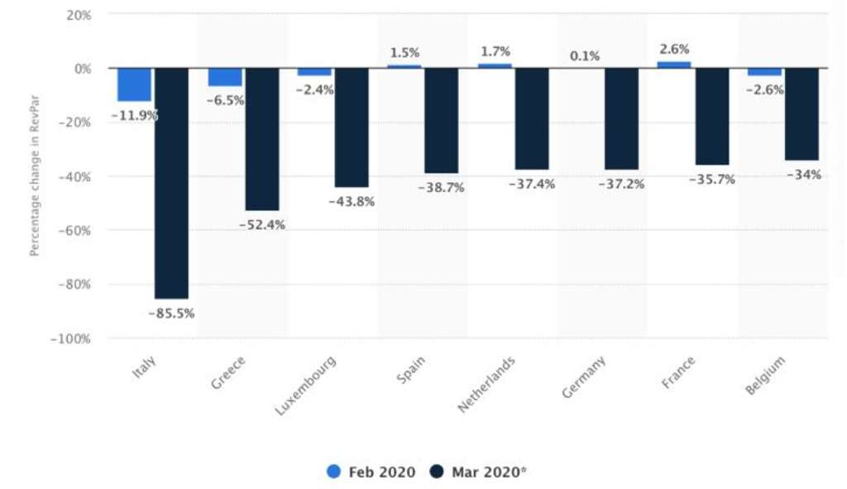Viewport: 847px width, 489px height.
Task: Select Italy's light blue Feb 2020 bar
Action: pyautogui.click(x=134, y=84)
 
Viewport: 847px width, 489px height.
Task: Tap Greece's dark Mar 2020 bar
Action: pyautogui.click(x=261, y=139)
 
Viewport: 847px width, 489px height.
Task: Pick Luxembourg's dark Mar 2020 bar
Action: pyautogui.click(x=352, y=127)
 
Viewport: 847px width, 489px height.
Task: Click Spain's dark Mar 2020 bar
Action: pyautogui.click(x=441, y=120)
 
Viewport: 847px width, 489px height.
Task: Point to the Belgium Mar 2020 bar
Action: pyautogui.click(x=802, y=113)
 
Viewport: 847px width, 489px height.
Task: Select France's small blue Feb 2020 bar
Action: pyautogui.click(x=674, y=65)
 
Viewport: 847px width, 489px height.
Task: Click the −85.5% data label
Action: pyautogui.click(x=171, y=314)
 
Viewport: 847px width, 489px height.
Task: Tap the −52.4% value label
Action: pyautogui.click(x=261, y=225)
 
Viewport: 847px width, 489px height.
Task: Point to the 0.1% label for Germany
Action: pyautogui.click(x=584, y=56)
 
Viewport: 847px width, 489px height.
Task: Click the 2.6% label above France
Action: pyautogui.click(x=674, y=49)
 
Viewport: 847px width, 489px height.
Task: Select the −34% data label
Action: pyautogui.click(x=803, y=175)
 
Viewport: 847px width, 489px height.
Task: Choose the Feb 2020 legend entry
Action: pyautogui.click(x=372, y=472)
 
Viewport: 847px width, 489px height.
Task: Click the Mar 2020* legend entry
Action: pyautogui.click(x=479, y=472)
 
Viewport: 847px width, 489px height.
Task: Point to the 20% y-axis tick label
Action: pyautogui.click(x=77, y=15)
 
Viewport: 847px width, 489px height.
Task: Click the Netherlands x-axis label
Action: pyautogui.click(x=487, y=385)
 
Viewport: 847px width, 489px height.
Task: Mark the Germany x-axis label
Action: pyautogui.click(x=584, y=377)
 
